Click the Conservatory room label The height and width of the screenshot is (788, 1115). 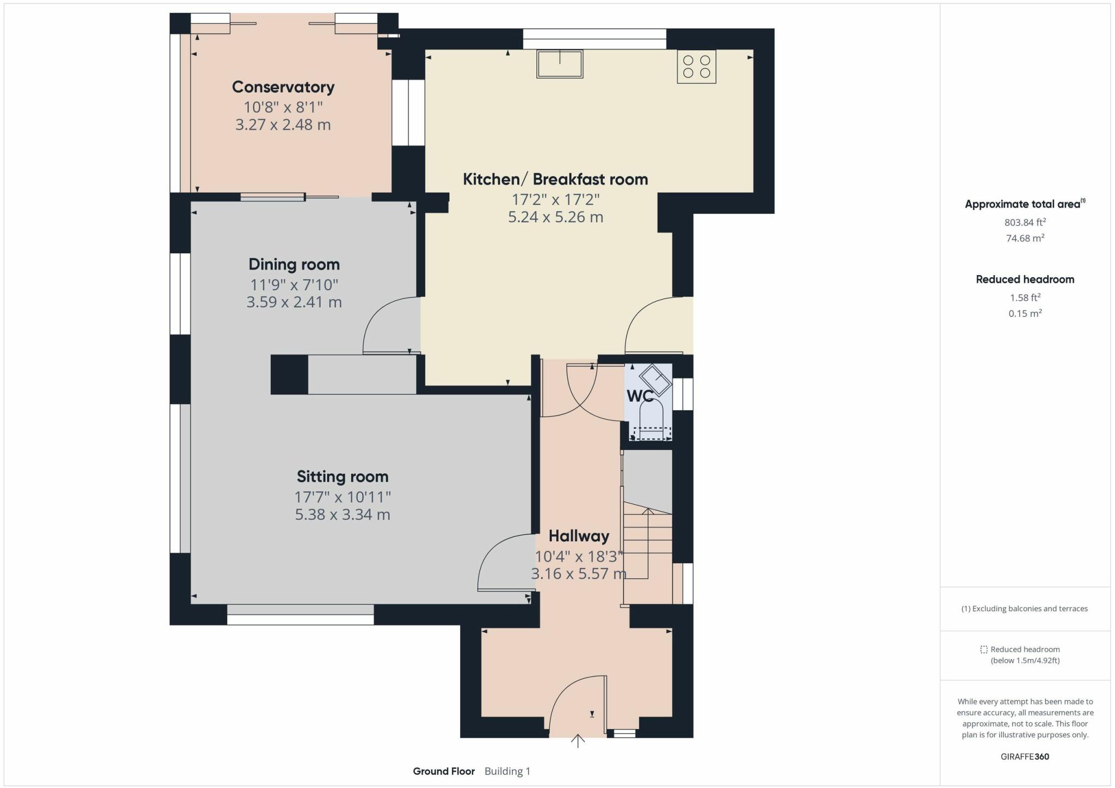tap(283, 87)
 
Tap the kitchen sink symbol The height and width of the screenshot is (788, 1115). tap(559, 64)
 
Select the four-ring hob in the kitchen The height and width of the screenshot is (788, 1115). tap(696, 66)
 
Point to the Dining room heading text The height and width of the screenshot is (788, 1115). tap(294, 265)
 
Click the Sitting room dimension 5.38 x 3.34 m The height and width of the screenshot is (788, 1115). tap(342, 515)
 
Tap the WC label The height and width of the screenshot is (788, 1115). tap(639, 396)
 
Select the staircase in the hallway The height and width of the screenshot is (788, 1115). tap(647, 550)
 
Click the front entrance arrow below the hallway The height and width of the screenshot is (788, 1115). tap(578, 741)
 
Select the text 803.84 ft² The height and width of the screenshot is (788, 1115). tap(1025, 222)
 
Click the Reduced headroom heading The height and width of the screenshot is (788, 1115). tap(1025, 279)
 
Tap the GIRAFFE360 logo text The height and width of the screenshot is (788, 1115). tap(1025, 756)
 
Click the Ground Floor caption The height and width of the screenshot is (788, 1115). tap(444, 771)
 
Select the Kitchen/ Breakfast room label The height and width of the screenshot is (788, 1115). tap(555, 179)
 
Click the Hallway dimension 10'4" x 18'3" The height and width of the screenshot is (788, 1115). tap(579, 557)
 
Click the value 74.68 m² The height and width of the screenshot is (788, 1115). tap(1025, 238)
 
